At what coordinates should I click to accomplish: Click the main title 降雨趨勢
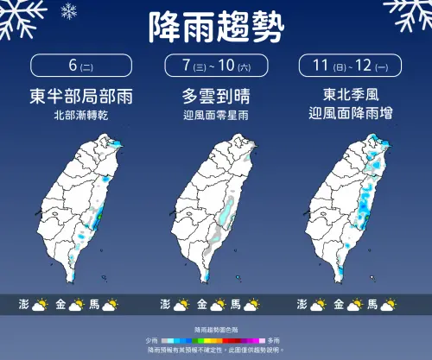(216, 29)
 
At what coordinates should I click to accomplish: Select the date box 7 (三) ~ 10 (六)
(215, 66)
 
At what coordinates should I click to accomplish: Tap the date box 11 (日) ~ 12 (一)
(352, 66)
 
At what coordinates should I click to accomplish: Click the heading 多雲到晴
(215, 96)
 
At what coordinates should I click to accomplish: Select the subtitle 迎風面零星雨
(215, 114)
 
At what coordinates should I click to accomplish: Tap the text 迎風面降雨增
(352, 114)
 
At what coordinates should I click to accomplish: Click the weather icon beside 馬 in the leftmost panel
(117, 304)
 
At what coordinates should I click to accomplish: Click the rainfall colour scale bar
(215, 341)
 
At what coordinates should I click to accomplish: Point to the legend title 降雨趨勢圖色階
(215, 332)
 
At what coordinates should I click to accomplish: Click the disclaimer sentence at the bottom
(215, 350)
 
